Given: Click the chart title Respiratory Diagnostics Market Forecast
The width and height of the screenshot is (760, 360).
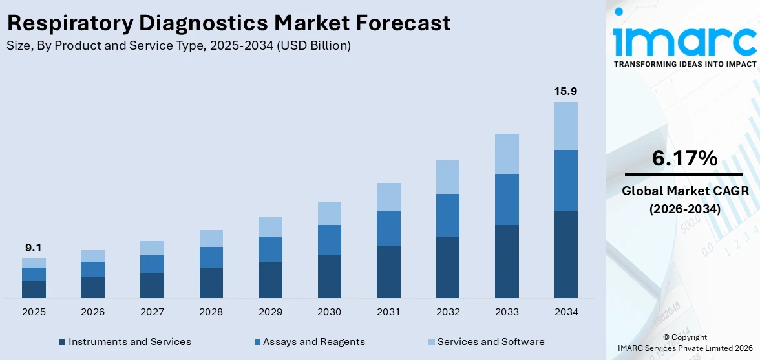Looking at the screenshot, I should pyautogui.click(x=228, y=23).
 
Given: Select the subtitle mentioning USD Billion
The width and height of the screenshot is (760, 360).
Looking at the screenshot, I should pyautogui.click(x=178, y=46).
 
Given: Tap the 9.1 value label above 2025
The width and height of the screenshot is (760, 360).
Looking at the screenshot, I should pyautogui.click(x=34, y=248).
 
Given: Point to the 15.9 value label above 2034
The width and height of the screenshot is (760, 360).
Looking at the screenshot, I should pyautogui.click(x=565, y=91).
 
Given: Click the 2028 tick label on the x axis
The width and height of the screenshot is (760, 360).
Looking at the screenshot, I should pyautogui.click(x=211, y=312).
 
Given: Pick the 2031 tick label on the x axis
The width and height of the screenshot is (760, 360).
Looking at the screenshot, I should pyautogui.click(x=388, y=312).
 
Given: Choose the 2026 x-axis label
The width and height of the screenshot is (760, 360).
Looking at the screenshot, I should pyautogui.click(x=93, y=312).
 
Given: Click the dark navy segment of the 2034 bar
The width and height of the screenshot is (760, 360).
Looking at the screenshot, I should pyautogui.click(x=565, y=254).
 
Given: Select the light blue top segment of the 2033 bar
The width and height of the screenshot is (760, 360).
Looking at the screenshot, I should pyautogui.click(x=507, y=154).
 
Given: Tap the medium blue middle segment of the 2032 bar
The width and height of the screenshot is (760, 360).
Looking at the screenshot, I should pyautogui.click(x=448, y=215).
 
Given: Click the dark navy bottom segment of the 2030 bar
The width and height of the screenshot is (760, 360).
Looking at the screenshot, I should pyautogui.click(x=330, y=276).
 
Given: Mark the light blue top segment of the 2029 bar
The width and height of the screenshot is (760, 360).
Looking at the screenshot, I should pyautogui.click(x=270, y=227).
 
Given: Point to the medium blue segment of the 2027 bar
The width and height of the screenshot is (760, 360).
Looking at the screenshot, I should pyautogui.click(x=152, y=264).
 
